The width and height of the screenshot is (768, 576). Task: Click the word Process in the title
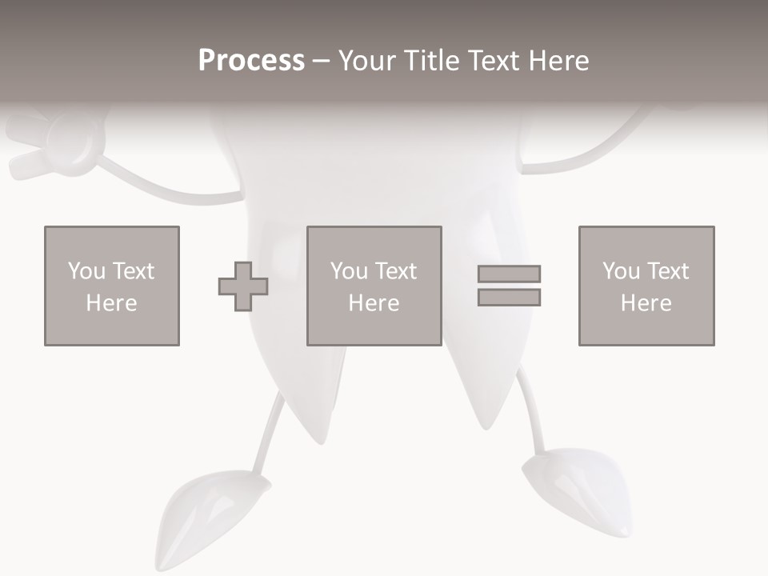coord(251,61)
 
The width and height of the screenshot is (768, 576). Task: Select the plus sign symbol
coord(243,286)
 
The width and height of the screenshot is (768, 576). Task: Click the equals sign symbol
coord(509,286)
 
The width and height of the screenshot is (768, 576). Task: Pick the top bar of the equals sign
coord(509,274)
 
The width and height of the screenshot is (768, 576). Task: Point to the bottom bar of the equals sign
coord(509,297)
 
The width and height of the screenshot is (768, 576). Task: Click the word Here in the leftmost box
coord(111,303)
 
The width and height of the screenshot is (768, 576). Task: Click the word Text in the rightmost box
coord(669,271)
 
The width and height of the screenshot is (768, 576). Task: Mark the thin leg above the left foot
coord(270,436)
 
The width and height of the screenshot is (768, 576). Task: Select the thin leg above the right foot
coord(532,416)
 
